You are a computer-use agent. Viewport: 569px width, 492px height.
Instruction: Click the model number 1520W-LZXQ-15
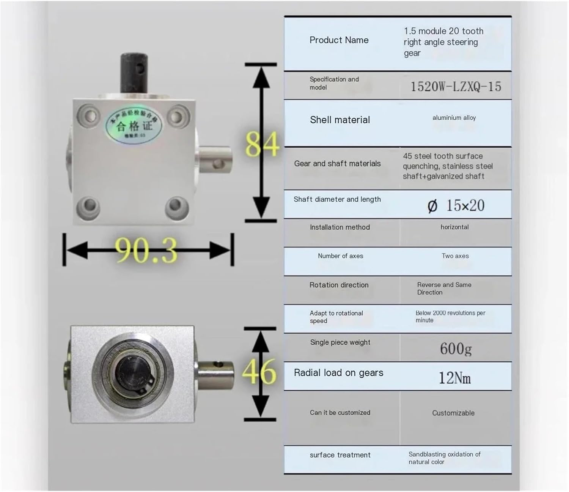(x=456, y=87)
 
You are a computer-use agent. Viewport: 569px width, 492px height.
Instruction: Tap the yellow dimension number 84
(x=262, y=145)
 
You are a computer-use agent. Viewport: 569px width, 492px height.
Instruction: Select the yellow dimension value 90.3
(x=147, y=251)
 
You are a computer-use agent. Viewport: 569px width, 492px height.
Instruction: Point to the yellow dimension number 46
(x=259, y=372)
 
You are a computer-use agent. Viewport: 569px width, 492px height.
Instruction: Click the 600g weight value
(x=456, y=348)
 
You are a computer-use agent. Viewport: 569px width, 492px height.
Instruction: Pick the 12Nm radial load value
(x=454, y=378)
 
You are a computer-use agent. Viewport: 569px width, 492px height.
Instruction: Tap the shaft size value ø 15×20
(x=456, y=205)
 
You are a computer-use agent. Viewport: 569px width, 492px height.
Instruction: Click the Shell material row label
(x=340, y=120)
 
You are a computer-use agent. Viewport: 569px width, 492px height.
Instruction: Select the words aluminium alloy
(x=454, y=118)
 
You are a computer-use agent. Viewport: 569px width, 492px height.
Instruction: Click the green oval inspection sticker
(x=134, y=125)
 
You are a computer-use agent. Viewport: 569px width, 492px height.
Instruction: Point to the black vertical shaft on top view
(x=134, y=72)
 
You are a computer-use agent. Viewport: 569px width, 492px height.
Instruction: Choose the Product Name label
(x=339, y=40)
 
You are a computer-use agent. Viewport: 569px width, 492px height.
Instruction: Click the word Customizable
(x=453, y=413)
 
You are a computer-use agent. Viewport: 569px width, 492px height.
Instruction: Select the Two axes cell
(x=455, y=256)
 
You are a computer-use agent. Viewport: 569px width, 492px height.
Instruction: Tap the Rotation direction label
(x=339, y=285)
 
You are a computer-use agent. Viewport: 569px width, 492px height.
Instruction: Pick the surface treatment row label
(x=340, y=455)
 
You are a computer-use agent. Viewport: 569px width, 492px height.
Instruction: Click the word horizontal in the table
(x=454, y=227)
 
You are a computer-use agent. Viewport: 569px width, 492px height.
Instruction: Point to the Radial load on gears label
(x=338, y=373)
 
